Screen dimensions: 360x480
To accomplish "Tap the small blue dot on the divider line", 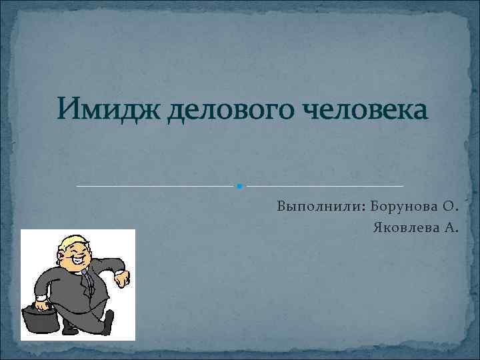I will pos(239,185).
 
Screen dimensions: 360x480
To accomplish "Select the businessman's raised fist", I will pos(123,278).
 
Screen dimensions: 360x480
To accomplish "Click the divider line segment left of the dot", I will pos(157,185).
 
